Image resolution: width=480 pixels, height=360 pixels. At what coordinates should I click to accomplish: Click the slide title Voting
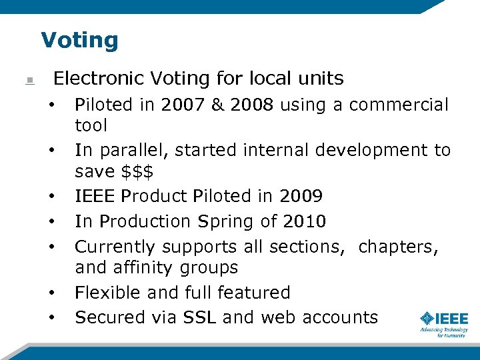point(79,40)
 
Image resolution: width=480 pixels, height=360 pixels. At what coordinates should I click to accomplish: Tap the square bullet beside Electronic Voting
point(29,81)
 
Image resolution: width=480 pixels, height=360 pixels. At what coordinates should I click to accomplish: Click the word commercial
point(399,105)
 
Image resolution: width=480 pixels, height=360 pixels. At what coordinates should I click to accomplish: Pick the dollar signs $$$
point(138,171)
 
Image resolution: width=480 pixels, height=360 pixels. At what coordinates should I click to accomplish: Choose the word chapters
point(398,247)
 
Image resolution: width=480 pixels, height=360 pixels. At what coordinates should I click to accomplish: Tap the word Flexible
point(109,293)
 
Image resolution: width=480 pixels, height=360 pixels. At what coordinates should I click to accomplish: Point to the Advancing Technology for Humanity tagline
point(443,332)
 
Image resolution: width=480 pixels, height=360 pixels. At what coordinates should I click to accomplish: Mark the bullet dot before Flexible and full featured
point(51,293)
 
